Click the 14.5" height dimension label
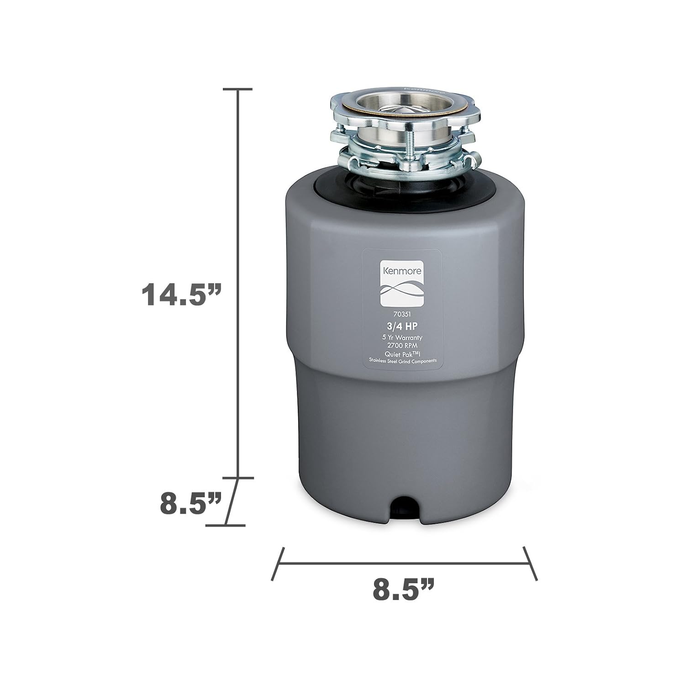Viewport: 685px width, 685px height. pos(181,295)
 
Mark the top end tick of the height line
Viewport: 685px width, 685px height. pos(237,89)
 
